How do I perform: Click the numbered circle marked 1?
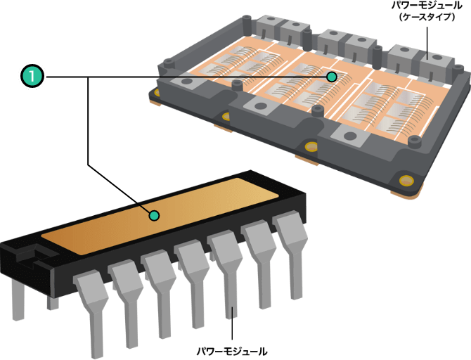pos(32,77)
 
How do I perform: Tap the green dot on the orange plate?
pos(154,215)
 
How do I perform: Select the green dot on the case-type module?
pos(332,77)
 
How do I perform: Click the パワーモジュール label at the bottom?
pos(232,352)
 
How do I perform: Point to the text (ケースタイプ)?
pos(427,17)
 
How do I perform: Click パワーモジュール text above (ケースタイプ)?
pos(427,6)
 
